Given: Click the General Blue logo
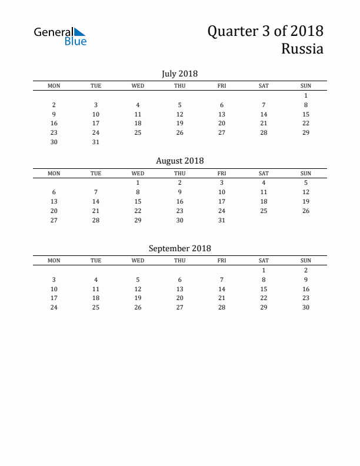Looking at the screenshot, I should [60, 36].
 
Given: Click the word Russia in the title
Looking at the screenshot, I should [302, 49].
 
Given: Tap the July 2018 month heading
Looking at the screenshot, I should [179, 74].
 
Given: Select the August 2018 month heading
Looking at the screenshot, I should [179, 161].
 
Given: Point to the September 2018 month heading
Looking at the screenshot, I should [179, 248].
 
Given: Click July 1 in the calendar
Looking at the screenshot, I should [306, 95].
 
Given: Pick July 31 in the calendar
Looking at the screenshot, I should [96, 142].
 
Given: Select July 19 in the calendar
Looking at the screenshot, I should [180, 123].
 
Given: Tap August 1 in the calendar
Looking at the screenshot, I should [138, 182].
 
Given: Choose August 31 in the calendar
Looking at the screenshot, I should [222, 220].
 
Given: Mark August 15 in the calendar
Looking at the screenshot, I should [138, 201].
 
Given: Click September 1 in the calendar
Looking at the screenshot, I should [264, 270].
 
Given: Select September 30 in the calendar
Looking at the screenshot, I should [306, 307].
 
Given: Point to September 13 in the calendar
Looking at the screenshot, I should [180, 289].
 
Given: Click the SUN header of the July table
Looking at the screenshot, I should [306, 86].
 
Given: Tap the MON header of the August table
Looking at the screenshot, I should [54, 174].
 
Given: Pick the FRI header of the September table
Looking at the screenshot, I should [222, 261].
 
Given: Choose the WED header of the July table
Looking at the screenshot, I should [138, 86].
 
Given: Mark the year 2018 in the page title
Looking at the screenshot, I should [306, 31].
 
